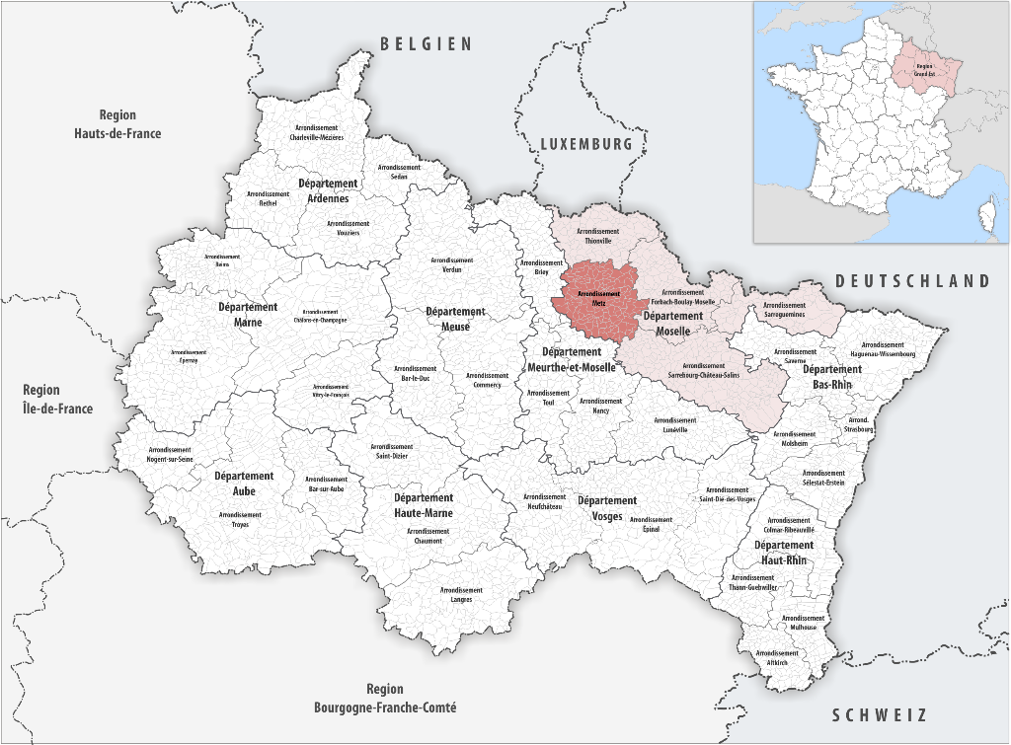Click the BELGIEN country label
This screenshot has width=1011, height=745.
pos(427,43)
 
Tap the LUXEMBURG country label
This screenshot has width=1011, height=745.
pos(585,144)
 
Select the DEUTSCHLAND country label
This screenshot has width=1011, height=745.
pos(912,281)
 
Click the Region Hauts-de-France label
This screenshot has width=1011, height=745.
pos(117,124)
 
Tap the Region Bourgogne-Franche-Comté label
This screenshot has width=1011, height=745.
pos(385,699)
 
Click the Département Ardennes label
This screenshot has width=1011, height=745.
pos(328,191)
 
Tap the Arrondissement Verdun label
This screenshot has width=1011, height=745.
pos(452,264)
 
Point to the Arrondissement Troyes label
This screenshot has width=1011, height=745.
pos(240,519)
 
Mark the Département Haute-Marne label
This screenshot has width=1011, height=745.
pos(424,505)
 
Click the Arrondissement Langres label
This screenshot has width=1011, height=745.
pos(461,594)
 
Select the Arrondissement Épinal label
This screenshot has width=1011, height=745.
pos(651,524)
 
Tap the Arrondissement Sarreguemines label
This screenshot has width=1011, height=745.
pos(784,310)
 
